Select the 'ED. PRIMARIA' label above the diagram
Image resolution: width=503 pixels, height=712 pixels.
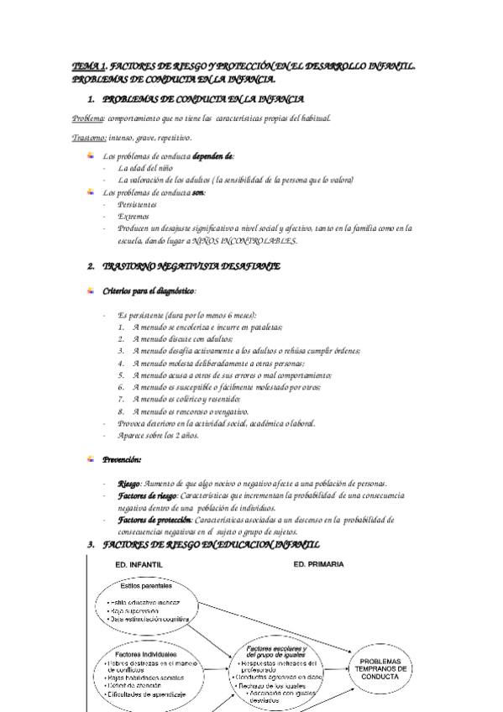[318, 564]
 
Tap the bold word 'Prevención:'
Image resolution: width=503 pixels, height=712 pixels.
[122, 459]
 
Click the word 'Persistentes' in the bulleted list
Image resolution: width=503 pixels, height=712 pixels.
[139, 204]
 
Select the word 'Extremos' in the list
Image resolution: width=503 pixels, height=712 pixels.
[134, 216]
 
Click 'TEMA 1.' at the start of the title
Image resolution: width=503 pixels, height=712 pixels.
[88, 64]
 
